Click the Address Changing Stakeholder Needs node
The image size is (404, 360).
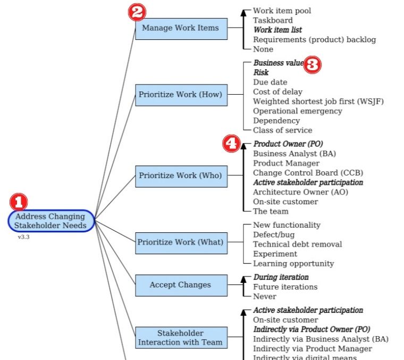point(51,221)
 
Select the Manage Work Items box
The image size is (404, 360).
point(181,28)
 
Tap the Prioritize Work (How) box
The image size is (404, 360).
point(181,95)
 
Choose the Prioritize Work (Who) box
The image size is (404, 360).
point(181,175)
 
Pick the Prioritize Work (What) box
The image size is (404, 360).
point(181,242)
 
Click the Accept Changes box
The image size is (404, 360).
point(181,285)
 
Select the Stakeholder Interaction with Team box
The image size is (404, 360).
point(181,338)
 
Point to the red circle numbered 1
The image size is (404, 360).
point(19,202)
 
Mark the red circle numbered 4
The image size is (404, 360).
point(231,144)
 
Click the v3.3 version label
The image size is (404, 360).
point(23,237)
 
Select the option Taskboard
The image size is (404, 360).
point(273,20)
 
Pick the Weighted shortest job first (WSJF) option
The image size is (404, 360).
point(318,102)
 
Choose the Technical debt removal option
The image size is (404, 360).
point(297,245)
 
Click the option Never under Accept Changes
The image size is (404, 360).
point(264,297)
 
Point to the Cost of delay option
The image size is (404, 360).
point(277,92)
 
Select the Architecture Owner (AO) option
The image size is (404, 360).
point(300,192)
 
